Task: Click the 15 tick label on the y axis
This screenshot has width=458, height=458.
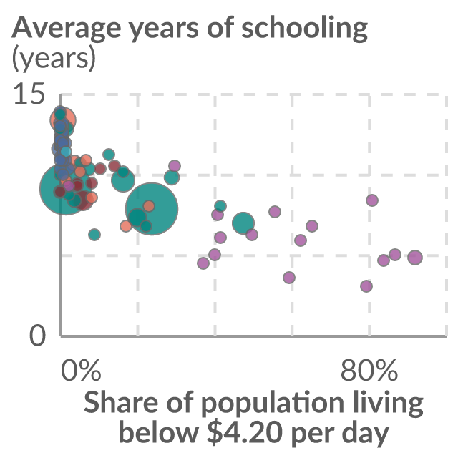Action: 29,93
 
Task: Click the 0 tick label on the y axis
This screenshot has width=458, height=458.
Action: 38,336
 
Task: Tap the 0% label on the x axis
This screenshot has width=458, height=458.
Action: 81,371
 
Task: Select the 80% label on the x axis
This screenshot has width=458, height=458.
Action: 369,371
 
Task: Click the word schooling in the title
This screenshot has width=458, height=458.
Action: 304,29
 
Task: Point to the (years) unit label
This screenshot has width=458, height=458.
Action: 54,58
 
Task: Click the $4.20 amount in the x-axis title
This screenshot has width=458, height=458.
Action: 245,432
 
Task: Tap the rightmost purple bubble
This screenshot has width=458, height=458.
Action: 415,258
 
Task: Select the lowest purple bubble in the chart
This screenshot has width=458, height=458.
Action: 366,286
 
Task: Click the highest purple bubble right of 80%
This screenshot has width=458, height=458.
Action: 372,200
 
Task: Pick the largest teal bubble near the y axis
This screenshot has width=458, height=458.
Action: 66,188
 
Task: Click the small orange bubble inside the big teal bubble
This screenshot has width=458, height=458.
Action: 149,206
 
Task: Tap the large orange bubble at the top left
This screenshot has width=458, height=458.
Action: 63,120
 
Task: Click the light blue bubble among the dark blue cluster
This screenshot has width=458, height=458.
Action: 66,152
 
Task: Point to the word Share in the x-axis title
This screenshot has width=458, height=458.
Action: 122,401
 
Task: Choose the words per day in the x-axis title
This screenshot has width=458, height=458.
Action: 340,433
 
